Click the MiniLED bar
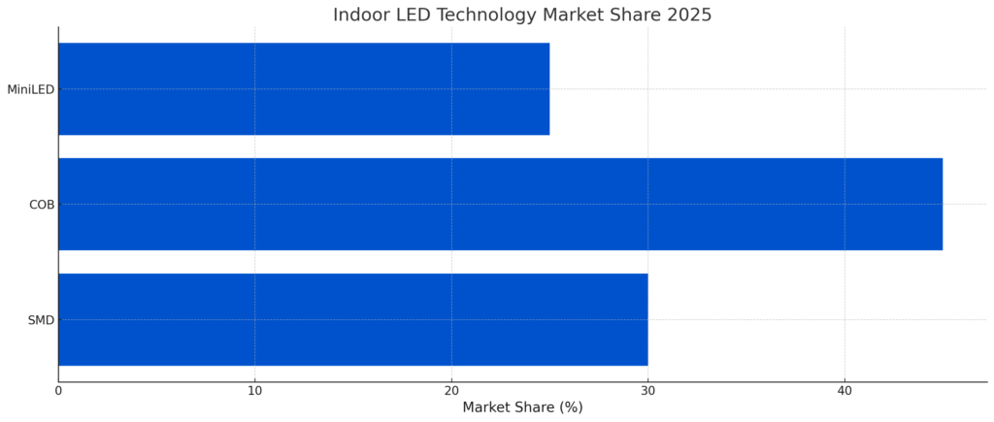pos(304,89)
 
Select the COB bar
pos(500,205)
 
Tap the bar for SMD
pos(352,320)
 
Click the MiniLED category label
pos(30,90)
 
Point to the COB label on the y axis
pos(42,205)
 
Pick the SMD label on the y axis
pos(41,320)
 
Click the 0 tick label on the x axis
pos(58,391)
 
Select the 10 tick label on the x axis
pos(254,391)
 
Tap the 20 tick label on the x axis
pos(451,391)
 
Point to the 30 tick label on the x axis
pos(647,391)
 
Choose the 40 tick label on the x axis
pos(845,391)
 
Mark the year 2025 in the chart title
pos(689,16)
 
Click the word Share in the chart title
pos(636,16)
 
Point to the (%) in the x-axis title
pos(570,407)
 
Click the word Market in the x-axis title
pos(487,407)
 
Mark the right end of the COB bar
pos(942,205)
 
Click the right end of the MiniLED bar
pos(548,89)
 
